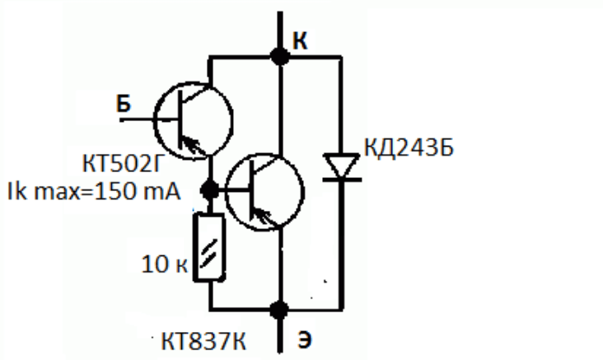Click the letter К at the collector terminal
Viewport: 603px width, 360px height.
(300, 40)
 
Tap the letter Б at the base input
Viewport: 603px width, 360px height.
(124, 104)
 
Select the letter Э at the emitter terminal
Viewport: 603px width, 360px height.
(304, 339)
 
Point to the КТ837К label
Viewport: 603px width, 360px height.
(203, 341)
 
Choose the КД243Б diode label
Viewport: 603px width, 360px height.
(409, 147)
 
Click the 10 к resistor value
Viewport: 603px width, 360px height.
(165, 264)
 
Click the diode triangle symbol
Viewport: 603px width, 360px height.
(341, 166)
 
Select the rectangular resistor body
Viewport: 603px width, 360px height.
(209, 247)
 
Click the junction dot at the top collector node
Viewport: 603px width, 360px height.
(279, 57)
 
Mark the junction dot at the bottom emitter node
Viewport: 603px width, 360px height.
(279, 310)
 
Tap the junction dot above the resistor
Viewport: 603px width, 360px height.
(210, 190)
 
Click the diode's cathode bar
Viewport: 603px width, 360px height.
(342, 180)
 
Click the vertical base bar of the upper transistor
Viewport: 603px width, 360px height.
(180, 120)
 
